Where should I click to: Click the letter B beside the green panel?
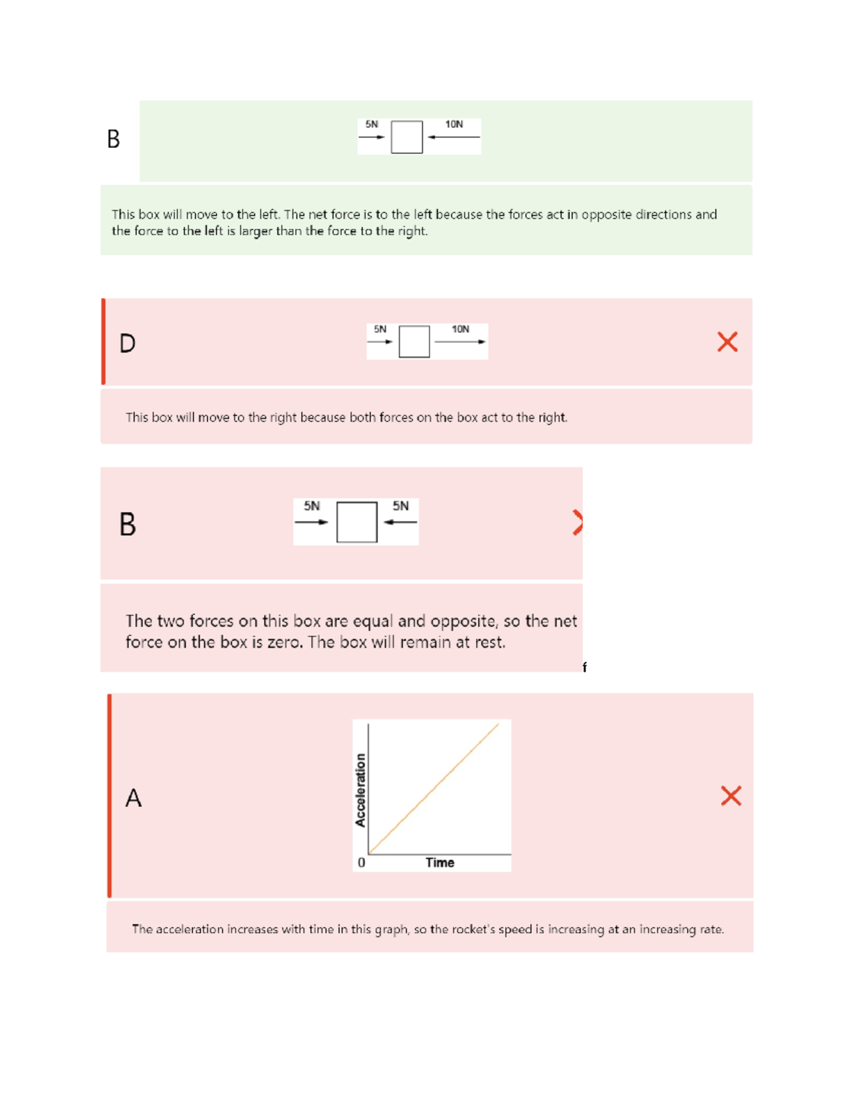[x=113, y=139]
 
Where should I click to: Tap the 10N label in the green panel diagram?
[x=454, y=125]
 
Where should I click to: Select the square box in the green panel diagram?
[x=407, y=137]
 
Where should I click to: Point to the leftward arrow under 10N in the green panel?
[x=453, y=137]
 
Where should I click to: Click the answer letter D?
[x=127, y=344]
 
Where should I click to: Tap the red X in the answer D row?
[x=727, y=342]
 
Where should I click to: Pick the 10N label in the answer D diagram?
[x=460, y=329]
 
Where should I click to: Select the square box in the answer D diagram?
[x=414, y=342]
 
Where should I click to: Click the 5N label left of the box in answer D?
[x=380, y=329]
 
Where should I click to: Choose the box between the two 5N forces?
[x=357, y=522]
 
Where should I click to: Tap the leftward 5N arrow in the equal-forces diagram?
[x=401, y=522]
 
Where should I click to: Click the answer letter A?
[x=133, y=798]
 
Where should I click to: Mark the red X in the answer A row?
[x=731, y=795]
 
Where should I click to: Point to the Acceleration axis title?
[x=360, y=790]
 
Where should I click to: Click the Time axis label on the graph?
[x=440, y=862]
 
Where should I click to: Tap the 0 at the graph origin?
[x=362, y=863]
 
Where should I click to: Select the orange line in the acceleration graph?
[x=434, y=788]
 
